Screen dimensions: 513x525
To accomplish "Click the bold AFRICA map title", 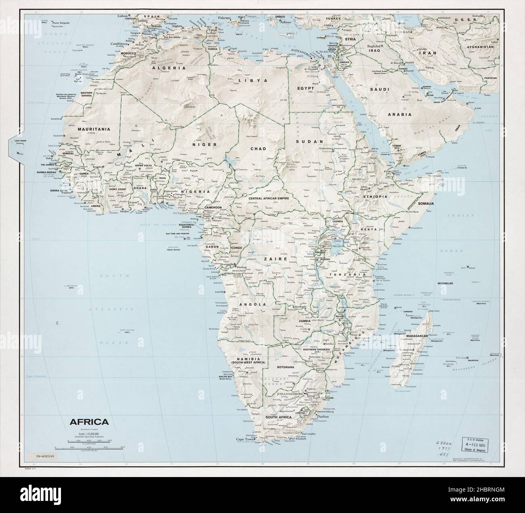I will pos(89,422).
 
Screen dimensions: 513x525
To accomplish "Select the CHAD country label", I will pos(258,149).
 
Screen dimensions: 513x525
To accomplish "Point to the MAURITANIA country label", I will pos(94,129).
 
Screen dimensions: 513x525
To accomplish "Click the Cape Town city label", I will pos(245,439).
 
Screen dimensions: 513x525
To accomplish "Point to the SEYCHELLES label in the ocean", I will pos(444,283).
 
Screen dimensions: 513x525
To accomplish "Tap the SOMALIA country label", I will pos(426,204).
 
